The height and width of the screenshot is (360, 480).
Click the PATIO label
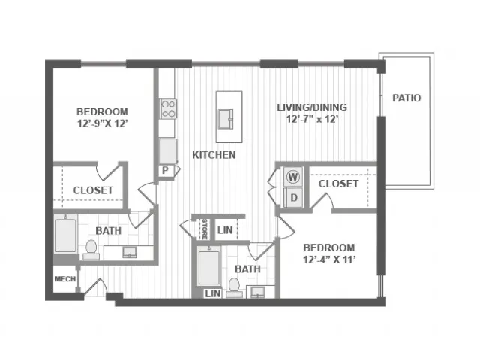[x=406, y=97]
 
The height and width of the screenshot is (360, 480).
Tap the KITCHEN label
[x=214, y=155]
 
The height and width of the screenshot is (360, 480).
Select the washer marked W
[x=293, y=177]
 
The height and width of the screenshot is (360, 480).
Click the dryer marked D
[x=293, y=198]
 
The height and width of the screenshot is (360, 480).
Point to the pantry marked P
[x=165, y=170]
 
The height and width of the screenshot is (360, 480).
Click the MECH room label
[x=65, y=279]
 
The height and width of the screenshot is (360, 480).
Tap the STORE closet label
[x=205, y=229]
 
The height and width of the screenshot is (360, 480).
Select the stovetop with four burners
[x=168, y=109]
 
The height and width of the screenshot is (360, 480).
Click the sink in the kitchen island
[x=226, y=119]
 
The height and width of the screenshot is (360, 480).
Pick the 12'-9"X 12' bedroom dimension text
[x=102, y=124]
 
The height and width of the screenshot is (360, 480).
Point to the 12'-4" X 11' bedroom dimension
[x=329, y=259]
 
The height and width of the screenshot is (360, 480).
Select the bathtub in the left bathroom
[x=66, y=235]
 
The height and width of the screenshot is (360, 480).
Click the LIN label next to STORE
[x=225, y=230]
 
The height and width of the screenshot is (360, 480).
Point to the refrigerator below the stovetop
[x=168, y=151]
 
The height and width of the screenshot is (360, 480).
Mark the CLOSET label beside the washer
[x=338, y=184]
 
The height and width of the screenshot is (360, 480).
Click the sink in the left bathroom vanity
[x=130, y=252]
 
